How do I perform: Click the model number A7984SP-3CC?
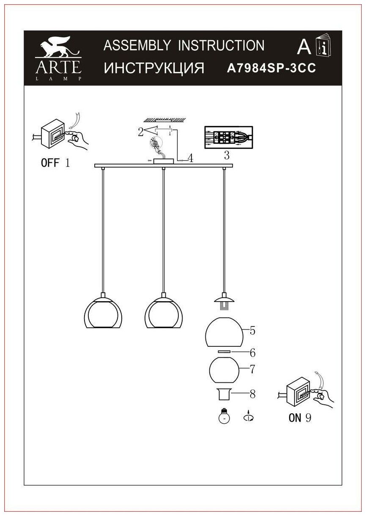[272, 69]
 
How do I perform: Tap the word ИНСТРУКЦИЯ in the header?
[154, 68]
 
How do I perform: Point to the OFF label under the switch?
[50, 163]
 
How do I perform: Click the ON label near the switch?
[295, 418]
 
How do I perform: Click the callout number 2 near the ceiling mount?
[140, 132]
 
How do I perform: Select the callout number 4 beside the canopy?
[191, 159]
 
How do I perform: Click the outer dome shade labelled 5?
[224, 332]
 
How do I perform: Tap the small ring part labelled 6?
[224, 352]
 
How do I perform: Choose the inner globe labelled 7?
[224, 370]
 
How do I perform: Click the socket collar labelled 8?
[224, 395]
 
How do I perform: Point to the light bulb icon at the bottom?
[224, 417]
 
